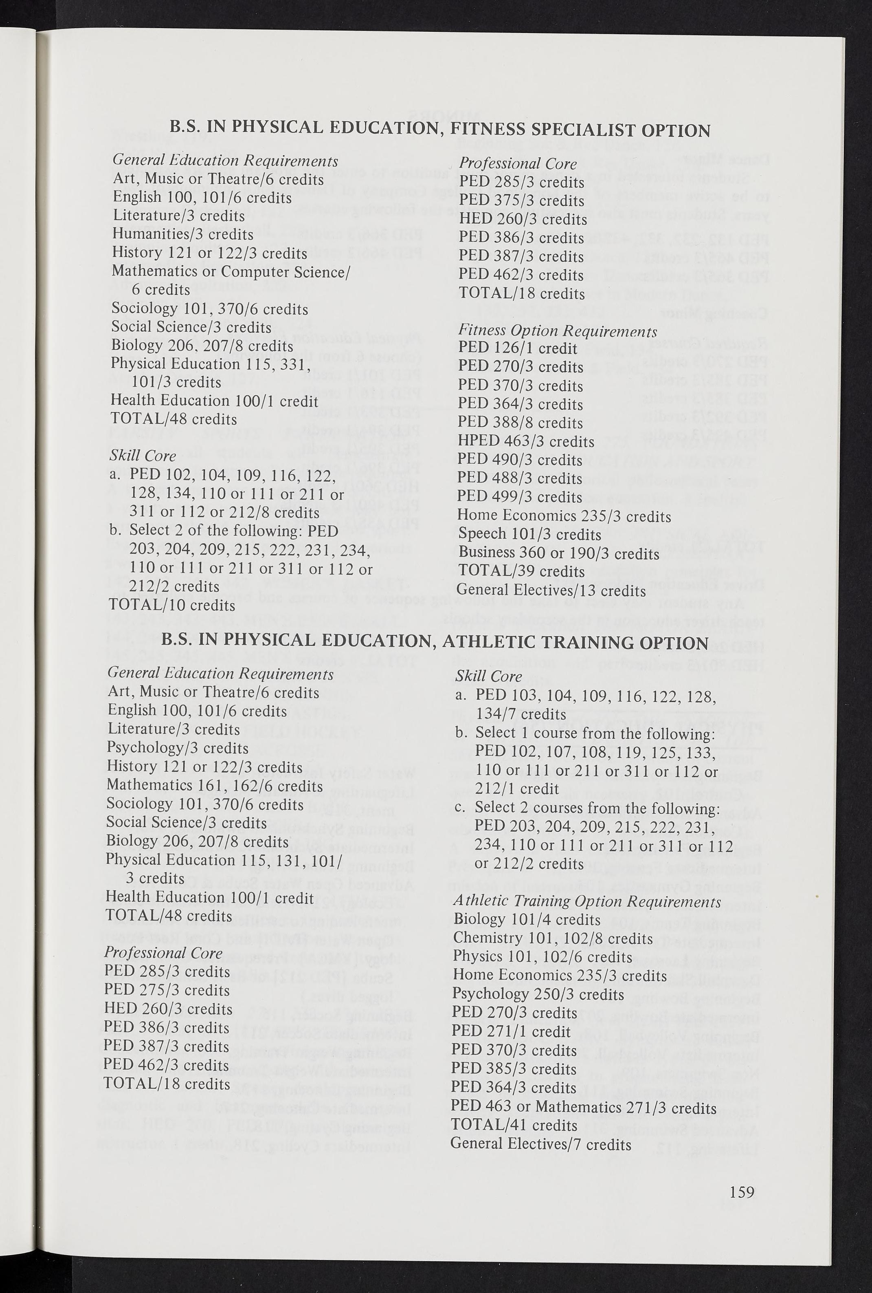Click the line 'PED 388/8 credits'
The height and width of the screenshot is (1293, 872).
coord(520,423)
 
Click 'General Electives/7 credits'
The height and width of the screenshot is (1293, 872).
coord(540,1144)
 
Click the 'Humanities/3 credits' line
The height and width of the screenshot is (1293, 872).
coord(183,234)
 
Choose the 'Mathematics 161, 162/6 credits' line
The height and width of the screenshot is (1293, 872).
coord(215,786)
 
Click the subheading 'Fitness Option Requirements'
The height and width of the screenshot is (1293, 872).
coord(557,331)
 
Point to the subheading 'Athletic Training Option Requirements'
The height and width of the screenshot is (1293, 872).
coord(587,901)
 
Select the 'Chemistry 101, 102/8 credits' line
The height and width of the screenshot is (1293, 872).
coord(553,938)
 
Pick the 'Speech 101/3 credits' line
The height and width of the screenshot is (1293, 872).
coord(529,534)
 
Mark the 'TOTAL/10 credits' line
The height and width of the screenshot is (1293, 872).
coord(172,605)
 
